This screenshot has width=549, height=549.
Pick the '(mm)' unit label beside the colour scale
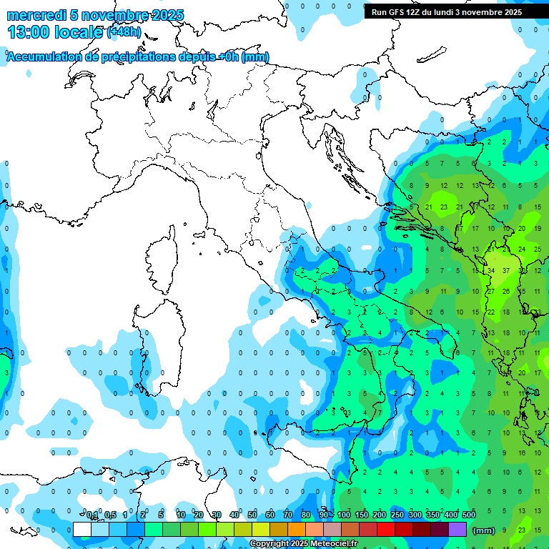click(x=484, y=530)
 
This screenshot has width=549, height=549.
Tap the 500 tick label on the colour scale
click(x=469, y=515)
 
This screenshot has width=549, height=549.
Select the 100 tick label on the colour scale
click(x=344, y=515)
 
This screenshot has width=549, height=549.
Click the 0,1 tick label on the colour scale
click(x=92, y=515)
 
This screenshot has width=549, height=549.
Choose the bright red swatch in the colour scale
click(x=387, y=530)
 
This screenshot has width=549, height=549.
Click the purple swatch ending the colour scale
click(x=457, y=530)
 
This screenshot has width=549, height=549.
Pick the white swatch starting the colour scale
click(x=82, y=530)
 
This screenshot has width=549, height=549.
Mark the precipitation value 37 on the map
click(x=506, y=270)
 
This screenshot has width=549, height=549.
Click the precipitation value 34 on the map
click(x=491, y=270)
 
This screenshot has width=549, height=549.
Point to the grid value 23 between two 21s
click(x=444, y=207)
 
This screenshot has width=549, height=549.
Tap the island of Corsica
click(x=162, y=257)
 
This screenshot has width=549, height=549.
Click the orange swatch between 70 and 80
click(x=297, y=530)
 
